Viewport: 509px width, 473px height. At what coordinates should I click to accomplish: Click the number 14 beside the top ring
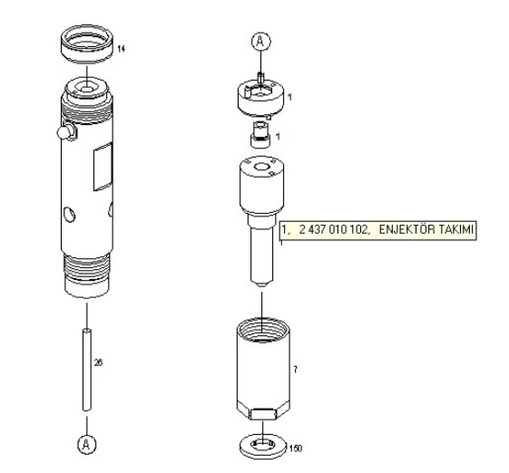click(121, 49)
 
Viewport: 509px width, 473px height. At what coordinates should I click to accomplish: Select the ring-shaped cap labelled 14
click(87, 44)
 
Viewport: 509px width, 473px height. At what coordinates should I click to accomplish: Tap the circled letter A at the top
click(261, 42)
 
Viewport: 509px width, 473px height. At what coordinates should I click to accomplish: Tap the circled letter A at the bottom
click(87, 445)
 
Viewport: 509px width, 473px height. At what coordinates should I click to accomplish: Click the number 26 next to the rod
click(98, 362)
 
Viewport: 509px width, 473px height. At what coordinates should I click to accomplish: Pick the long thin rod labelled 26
click(87, 370)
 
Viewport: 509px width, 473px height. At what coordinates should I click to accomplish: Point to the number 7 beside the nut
click(295, 370)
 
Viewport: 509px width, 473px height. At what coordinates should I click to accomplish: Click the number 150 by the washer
click(296, 449)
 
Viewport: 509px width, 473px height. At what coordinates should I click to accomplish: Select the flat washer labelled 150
click(263, 447)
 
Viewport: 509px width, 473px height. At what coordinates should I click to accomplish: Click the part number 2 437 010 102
click(334, 230)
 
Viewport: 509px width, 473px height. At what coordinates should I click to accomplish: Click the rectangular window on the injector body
click(103, 167)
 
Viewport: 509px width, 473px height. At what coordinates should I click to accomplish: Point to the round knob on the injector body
click(66, 131)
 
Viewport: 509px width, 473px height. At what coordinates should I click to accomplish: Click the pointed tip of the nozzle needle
click(261, 285)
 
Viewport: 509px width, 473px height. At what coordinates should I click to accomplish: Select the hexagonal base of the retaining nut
click(263, 411)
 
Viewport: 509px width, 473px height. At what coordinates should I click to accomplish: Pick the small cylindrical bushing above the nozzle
click(260, 134)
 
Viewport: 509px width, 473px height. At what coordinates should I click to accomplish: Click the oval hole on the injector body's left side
click(69, 214)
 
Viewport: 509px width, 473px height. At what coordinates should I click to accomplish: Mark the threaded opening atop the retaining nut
click(262, 330)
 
